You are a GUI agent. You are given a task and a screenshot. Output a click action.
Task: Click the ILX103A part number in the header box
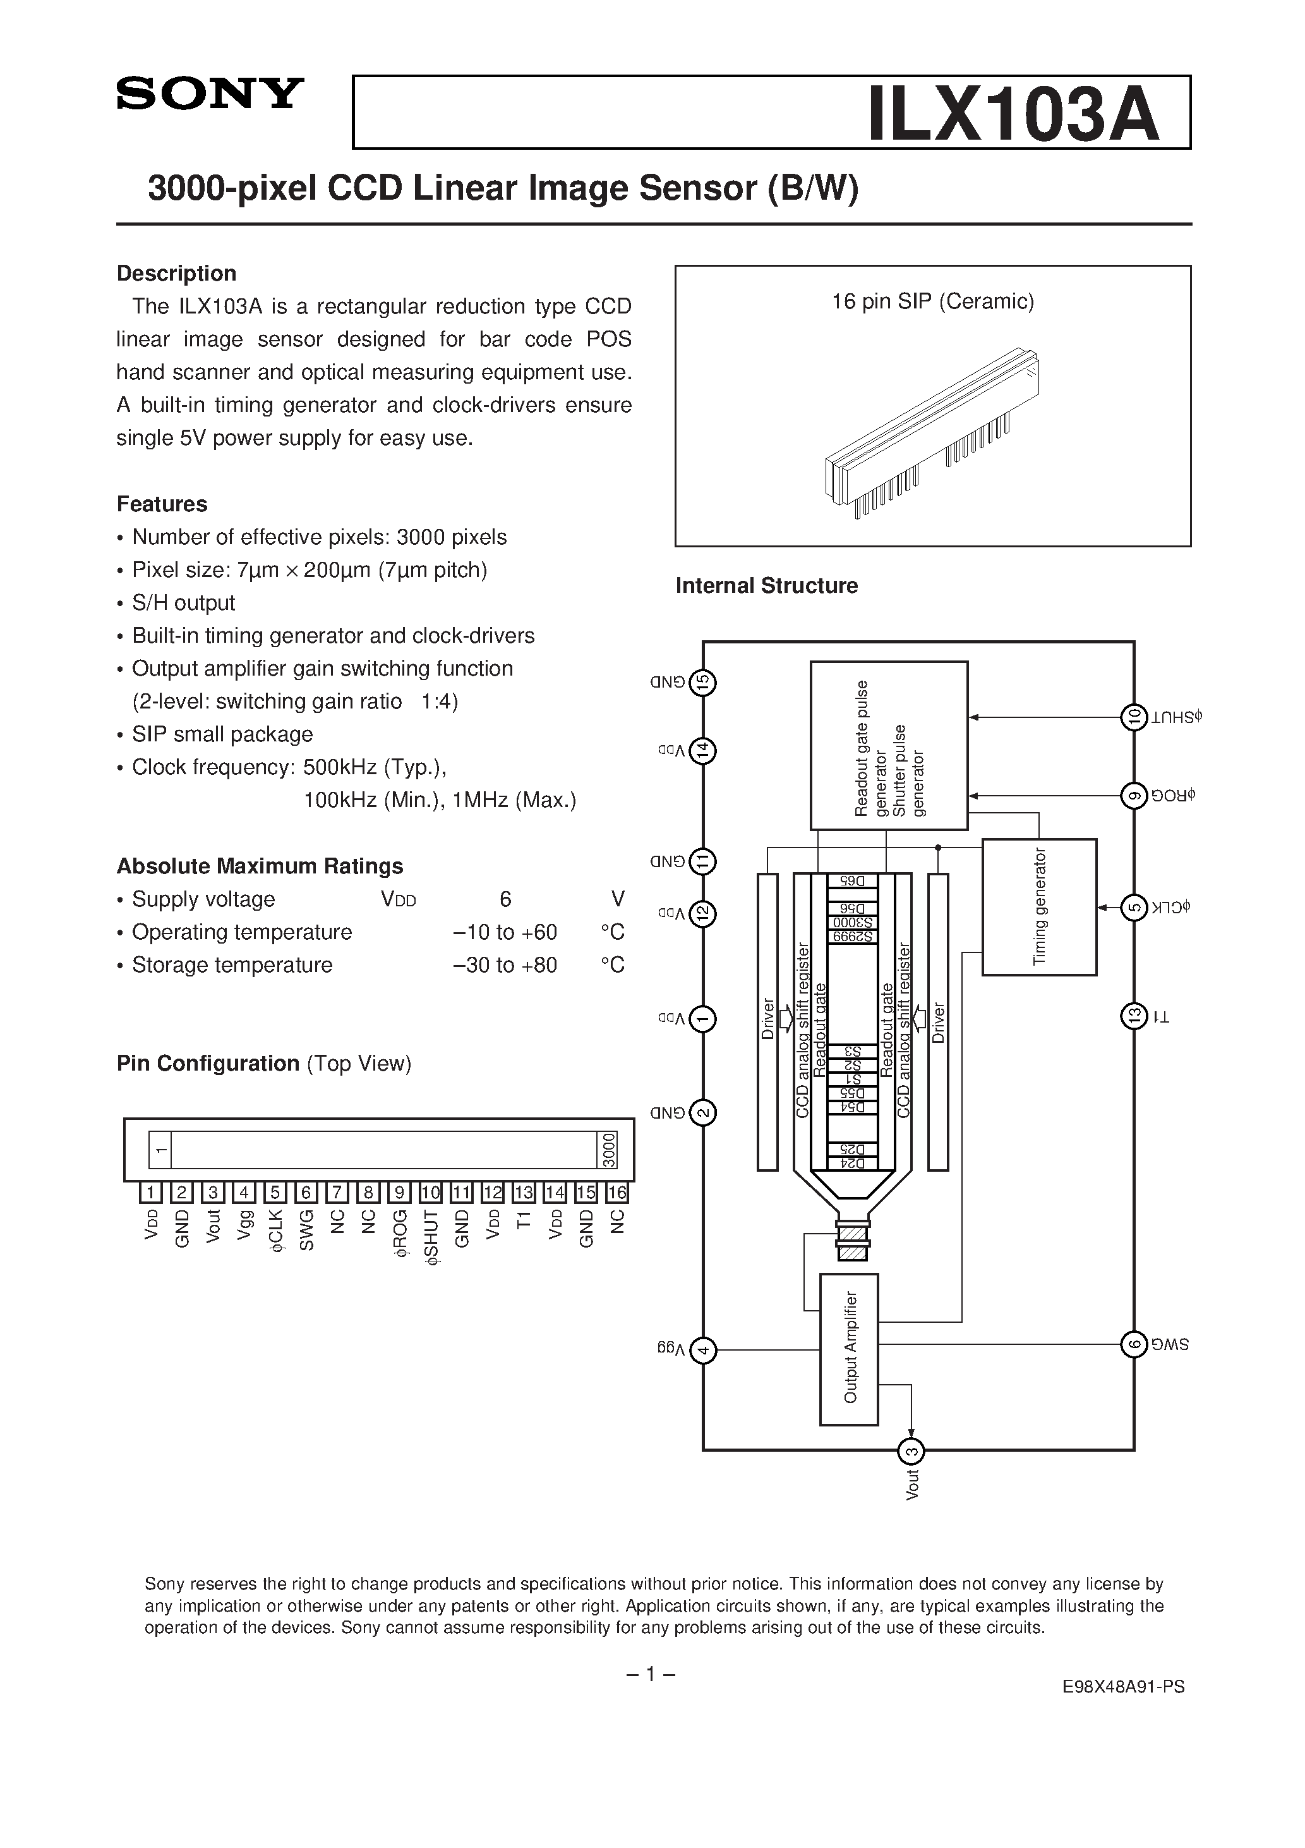(x=1013, y=114)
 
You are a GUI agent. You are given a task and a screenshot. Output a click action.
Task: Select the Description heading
(x=176, y=274)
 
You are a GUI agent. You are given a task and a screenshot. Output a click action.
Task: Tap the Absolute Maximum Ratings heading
(x=260, y=866)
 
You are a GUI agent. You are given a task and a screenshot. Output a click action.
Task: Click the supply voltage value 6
(x=505, y=899)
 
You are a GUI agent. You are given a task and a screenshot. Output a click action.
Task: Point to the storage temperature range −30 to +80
(x=505, y=965)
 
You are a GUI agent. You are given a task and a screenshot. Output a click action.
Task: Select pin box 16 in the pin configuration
(x=617, y=1193)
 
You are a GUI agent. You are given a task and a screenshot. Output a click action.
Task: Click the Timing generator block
(x=1040, y=907)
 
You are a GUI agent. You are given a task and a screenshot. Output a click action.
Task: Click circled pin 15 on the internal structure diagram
(x=703, y=683)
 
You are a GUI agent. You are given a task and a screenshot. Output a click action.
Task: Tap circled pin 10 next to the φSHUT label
(x=1134, y=717)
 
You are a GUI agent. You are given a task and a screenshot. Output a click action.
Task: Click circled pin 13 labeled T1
(x=1134, y=1016)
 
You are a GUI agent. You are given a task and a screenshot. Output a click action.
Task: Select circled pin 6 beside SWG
(x=1134, y=1344)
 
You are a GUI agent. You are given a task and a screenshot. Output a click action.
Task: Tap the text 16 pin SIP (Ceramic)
(x=932, y=302)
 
